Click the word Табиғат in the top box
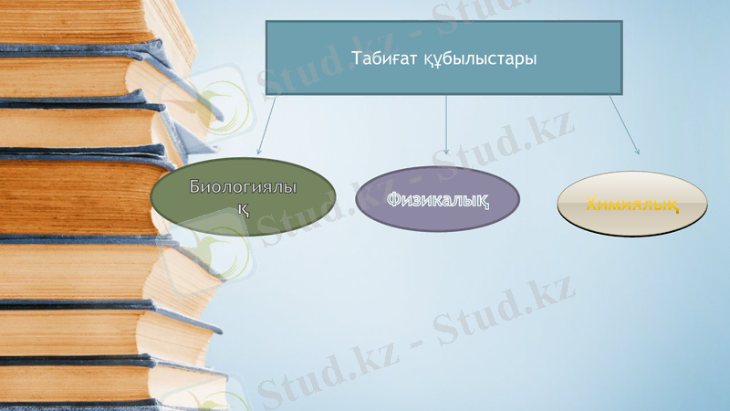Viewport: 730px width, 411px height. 381,58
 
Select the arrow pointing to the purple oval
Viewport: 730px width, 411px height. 446,123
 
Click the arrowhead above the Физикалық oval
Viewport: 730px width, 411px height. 446,151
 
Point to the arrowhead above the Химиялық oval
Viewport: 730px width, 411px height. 636,151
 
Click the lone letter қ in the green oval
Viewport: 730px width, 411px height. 244,208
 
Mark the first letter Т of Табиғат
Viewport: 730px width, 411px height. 356,58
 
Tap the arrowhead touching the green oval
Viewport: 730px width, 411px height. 258,151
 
